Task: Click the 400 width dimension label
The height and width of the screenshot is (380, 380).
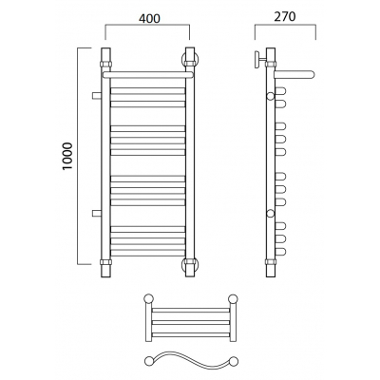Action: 149,19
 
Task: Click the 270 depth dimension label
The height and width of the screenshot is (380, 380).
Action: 285,17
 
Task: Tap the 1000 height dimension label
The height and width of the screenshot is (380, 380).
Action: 67,157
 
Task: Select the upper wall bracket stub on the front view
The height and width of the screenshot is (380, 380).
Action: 96,96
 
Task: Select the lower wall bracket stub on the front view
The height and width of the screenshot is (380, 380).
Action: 96,213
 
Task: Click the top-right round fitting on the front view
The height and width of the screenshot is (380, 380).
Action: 190,59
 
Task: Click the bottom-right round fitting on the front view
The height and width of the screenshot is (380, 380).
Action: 190,264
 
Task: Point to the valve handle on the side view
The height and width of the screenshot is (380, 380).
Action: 258,59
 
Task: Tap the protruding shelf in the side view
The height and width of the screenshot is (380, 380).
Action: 294,75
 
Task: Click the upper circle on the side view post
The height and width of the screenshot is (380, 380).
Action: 270,96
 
